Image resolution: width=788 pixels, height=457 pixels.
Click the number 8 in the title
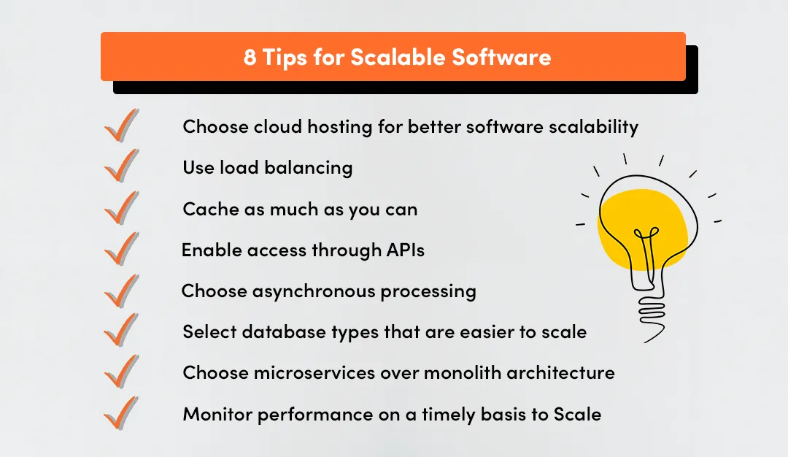coord(250,58)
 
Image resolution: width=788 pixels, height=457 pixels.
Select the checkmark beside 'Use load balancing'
coord(120,166)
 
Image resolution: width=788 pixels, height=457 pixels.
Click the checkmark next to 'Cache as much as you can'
coord(120,207)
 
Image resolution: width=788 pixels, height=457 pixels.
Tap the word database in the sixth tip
coord(279,332)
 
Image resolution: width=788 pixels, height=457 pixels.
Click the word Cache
coord(204,210)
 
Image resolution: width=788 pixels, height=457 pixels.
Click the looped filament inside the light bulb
coord(644,241)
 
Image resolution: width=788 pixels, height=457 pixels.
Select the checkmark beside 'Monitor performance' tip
coord(120,412)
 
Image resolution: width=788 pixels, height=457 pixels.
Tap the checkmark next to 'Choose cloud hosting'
coord(120,125)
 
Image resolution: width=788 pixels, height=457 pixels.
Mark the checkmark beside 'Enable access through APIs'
coord(120,249)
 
